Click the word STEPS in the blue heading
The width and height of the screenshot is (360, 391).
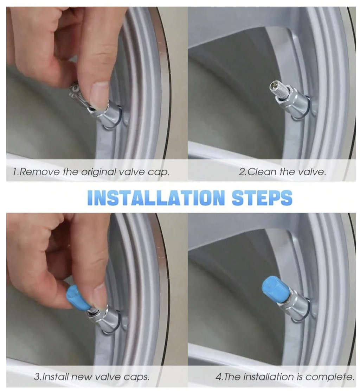(262, 198)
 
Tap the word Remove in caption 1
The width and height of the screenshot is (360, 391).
(40, 172)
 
